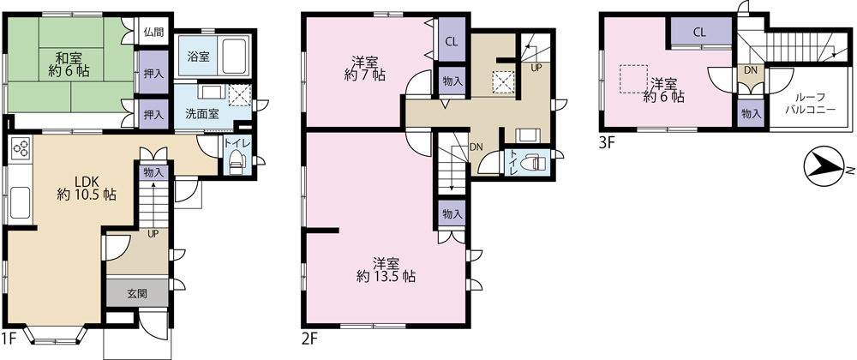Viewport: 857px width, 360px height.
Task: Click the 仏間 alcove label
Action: tap(153, 33)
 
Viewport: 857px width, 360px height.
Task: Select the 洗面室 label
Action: tap(202, 114)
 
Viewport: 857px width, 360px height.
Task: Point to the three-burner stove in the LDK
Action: tap(21, 147)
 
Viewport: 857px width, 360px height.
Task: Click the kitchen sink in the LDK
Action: tap(21, 203)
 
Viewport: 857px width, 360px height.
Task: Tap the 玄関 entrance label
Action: tap(137, 293)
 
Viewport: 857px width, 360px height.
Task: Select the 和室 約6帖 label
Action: tap(69, 63)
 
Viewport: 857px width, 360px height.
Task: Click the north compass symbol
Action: tap(827, 166)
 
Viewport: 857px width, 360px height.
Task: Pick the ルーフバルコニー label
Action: tap(810, 104)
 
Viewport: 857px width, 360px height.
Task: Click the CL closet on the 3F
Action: tap(699, 33)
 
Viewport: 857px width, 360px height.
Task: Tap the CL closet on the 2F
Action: tap(452, 41)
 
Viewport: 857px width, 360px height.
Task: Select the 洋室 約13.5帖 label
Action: tap(386, 269)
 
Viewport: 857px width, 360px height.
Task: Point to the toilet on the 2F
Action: tap(530, 163)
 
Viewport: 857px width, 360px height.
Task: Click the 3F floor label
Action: tap(607, 143)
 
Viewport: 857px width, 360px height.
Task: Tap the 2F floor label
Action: tap(309, 339)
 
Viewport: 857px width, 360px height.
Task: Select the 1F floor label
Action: tap(9, 339)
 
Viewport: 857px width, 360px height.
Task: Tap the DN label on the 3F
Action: tap(750, 70)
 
